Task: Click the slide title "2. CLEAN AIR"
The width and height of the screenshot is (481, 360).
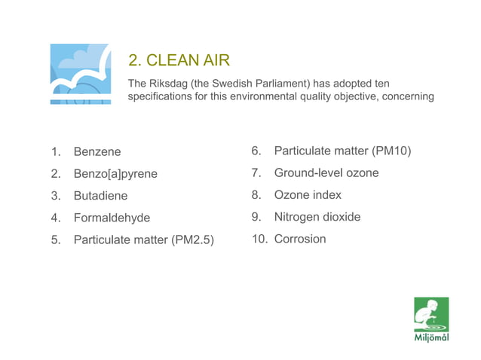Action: [x=179, y=59]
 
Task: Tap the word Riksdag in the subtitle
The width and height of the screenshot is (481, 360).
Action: [x=169, y=82]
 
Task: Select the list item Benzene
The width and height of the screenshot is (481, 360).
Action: [x=97, y=152]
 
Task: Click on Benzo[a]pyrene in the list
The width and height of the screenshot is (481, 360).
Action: [x=115, y=174]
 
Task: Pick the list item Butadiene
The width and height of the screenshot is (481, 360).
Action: [x=100, y=196]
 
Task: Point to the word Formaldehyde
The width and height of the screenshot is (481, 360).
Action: [x=112, y=218]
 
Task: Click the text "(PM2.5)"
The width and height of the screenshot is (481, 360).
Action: [x=192, y=240]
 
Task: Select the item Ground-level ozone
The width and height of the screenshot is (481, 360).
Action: [x=326, y=173]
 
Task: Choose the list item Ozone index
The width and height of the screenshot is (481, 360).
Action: [x=308, y=195]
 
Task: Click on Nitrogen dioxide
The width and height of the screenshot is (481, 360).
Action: [x=317, y=217]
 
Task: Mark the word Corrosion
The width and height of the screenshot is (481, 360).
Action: [x=300, y=239]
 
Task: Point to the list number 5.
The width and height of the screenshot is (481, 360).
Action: [x=55, y=240]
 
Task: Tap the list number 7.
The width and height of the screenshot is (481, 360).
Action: [x=256, y=173]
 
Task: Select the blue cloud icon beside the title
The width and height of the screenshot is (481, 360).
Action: [x=80, y=74]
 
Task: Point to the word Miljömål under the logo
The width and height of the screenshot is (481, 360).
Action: [x=431, y=337]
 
